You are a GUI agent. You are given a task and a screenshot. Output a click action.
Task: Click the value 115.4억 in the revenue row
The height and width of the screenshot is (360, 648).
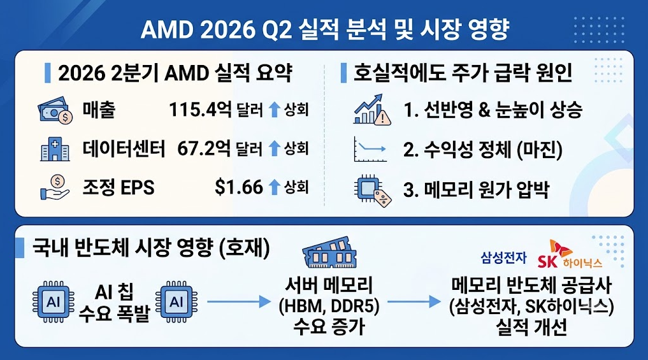pos(200,110)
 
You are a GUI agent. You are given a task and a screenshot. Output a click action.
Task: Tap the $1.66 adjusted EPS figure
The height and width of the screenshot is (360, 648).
pos(239,187)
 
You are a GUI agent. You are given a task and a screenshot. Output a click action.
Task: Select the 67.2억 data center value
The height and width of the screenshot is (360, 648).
pos(204,148)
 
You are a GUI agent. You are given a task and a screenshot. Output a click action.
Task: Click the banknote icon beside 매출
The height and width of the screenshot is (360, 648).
pos(55,110)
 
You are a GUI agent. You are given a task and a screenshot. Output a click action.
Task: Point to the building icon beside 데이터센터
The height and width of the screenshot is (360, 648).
pos(55,149)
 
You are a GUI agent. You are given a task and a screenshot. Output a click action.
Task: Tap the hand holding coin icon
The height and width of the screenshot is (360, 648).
pos(55,187)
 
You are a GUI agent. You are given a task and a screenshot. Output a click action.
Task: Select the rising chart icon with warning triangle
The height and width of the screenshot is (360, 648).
pos(371,110)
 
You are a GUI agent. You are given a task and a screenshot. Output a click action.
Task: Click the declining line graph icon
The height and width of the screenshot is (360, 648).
pos(370,149)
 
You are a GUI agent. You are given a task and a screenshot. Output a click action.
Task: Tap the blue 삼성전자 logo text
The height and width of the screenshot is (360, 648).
pos(503,258)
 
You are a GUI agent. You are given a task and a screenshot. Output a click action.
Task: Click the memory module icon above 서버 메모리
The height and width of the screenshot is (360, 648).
pos(329,252)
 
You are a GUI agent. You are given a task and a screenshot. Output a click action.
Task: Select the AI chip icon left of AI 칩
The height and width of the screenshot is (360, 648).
pos(54,302)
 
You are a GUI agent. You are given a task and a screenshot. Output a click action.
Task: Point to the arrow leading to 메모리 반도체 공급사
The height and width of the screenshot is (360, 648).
pos(414,302)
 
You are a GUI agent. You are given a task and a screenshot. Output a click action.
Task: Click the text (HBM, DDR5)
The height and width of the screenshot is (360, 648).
pos(329,306)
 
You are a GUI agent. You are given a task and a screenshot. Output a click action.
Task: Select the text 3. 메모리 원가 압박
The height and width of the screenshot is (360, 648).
pos(476,190)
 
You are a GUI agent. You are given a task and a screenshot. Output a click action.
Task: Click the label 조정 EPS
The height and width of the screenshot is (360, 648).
pos(118,187)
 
